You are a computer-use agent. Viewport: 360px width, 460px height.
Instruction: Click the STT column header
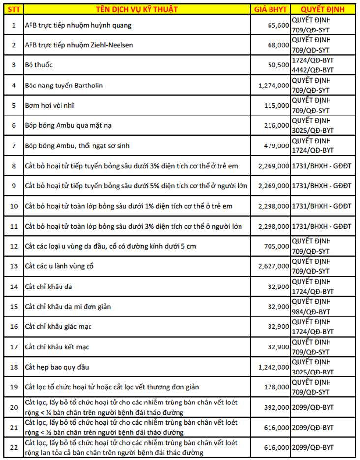(x=14, y=9)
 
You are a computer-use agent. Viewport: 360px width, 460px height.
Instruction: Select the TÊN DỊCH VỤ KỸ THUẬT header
(x=137, y=9)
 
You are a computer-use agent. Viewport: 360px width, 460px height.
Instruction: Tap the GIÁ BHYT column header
(x=271, y=9)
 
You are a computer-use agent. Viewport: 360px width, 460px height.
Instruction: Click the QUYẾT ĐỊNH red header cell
(x=323, y=9)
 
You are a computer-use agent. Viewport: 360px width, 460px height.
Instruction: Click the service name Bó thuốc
(x=39, y=65)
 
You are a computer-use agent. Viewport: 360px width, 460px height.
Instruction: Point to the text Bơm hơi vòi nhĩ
(x=50, y=106)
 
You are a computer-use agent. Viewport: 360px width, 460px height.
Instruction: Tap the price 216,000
(x=276, y=126)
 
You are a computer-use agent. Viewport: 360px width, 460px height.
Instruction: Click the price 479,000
(x=276, y=146)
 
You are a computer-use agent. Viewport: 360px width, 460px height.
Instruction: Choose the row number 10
(x=14, y=206)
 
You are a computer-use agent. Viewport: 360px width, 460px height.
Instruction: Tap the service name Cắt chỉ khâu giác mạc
(x=57, y=327)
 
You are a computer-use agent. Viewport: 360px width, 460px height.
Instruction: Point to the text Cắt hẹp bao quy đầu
(x=57, y=367)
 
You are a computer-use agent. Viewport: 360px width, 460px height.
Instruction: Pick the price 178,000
(x=276, y=387)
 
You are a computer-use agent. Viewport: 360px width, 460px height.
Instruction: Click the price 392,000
(x=276, y=407)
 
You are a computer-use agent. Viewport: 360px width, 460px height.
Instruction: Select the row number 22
(x=14, y=447)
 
